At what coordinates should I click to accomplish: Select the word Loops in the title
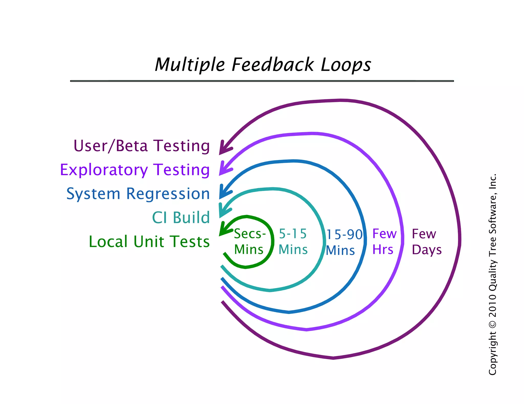pos(346,65)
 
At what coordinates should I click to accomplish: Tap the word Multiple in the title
pos(190,65)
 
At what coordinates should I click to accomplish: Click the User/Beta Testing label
pos(141,146)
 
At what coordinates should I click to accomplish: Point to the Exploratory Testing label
pos(135,170)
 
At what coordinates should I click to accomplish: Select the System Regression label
pos(138,194)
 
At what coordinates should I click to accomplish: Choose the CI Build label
pos(181,218)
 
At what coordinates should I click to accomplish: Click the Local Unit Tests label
pos(149,242)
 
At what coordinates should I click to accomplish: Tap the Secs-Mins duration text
pos(249,241)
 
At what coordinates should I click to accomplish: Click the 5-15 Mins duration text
pos(293,241)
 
